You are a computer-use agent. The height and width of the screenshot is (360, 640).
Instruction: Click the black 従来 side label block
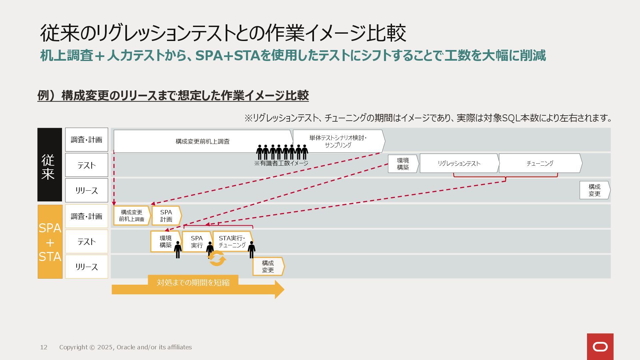[x=50, y=165]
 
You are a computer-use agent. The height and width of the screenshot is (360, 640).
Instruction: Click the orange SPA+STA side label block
[x=50, y=242]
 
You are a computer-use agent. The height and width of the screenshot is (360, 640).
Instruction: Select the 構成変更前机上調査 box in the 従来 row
[x=203, y=141]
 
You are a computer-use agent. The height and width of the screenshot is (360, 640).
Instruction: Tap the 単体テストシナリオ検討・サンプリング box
[x=338, y=141]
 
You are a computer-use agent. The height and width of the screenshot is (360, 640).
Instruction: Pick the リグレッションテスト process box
[x=459, y=163]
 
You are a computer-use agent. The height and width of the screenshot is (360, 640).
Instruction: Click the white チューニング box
[x=540, y=163]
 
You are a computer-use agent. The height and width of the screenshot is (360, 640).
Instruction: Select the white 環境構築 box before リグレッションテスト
[x=403, y=164]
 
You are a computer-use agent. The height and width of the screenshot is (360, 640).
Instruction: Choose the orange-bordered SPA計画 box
[x=166, y=216]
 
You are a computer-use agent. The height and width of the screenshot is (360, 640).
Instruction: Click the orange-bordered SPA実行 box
[x=197, y=242]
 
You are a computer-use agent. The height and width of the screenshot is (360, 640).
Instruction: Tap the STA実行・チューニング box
[x=232, y=242]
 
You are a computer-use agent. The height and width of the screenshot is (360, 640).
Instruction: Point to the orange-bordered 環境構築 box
[x=165, y=242]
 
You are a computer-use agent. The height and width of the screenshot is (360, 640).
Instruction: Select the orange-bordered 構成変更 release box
[x=268, y=267]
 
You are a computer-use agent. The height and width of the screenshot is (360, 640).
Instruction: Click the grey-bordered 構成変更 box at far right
[x=594, y=190]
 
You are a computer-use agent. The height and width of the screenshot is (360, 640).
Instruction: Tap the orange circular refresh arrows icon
[x=217, y=259]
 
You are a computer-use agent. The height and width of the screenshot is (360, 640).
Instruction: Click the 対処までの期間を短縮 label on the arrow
[x=193, y=283]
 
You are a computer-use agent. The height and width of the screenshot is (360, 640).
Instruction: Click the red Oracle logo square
[x=600, y=347]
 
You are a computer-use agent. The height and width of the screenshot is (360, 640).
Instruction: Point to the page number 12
[x=44, y=347]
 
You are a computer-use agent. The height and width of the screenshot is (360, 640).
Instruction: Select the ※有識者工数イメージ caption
[x=281, y=163]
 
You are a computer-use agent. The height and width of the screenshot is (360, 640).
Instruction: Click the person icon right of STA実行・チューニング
[x=252, y=249]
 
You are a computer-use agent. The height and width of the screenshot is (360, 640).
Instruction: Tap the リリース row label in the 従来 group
[x=87, y=190]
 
